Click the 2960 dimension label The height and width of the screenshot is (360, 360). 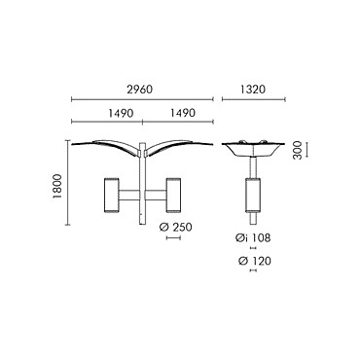point(139,89)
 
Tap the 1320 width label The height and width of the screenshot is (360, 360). point(253,89)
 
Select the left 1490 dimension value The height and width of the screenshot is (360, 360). point(121,113)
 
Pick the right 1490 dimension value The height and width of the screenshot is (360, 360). point(183,113)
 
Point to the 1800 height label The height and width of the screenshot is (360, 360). point(57,187)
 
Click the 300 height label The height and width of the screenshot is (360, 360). point(297,150)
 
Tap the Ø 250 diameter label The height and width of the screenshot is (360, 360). point(175,228)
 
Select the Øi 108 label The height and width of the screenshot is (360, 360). point(253,238)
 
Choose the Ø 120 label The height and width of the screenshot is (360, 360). point(254,261)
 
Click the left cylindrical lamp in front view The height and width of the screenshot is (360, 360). point(111,196)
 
